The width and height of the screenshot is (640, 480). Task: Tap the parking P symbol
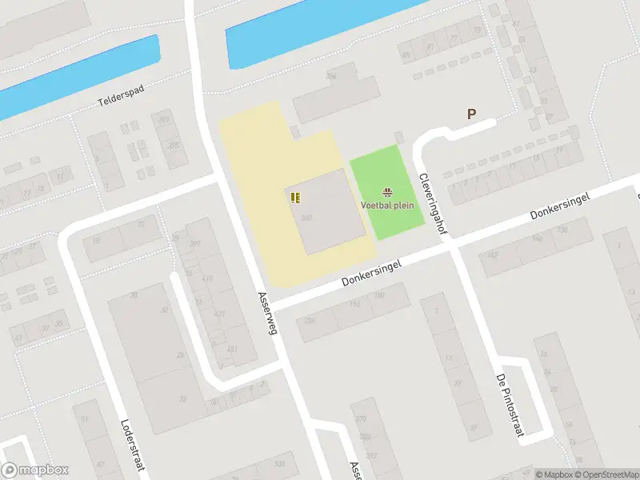click(471, 114)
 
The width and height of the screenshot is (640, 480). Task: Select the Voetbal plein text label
click(388, 205)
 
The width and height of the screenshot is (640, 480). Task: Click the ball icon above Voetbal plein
click(388, 191)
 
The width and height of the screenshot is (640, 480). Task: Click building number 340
click(306, 217)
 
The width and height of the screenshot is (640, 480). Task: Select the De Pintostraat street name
click(509, 406)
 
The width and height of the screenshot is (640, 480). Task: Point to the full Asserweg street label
click(266, 313)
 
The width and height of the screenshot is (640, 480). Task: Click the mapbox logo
click(34, 470)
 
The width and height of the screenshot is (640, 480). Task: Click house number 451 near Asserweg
click(233, 349)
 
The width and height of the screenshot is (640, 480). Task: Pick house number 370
click(362, 419)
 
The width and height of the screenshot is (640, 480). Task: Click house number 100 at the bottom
click(279, 464)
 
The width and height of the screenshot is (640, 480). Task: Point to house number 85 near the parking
click(406, 55)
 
